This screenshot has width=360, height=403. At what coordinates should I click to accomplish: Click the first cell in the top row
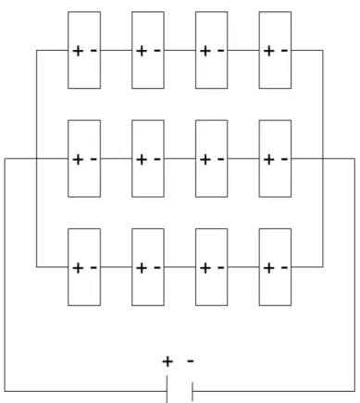(x=84, y=50)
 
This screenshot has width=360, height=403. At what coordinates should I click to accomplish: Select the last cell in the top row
(x=275, y=50)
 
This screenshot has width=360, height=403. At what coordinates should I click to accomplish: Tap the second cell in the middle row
(x=148, y=159)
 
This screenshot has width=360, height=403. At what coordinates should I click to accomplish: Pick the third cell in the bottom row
(x=212, y=267)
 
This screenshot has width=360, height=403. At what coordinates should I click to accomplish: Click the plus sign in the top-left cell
(x=78, y=51)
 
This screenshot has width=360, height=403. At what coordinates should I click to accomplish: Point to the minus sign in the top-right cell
(x=284, y=50)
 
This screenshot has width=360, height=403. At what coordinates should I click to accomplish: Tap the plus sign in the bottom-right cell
(x=269, y=268)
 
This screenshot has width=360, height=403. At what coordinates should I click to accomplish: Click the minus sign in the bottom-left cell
(x=93, y=267)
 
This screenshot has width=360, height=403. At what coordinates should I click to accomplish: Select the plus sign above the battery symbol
(x=168, y=361)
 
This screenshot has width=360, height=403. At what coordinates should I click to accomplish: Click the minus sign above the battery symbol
(x=191, y=360)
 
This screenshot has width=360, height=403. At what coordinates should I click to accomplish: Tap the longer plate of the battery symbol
(x=168, y=389)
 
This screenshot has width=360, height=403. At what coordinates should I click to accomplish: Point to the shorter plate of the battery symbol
(x=192, y=391)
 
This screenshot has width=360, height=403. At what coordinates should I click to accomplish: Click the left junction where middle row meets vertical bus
(x=37, y=159)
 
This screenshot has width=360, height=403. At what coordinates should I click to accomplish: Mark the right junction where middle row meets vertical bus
(x=323, y=159)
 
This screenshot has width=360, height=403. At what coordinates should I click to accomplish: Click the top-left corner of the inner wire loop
(x=37, y=50)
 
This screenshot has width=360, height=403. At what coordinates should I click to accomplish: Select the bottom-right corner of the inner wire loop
(x=323, y=267)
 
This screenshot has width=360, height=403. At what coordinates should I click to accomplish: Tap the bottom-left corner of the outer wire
(x=5, y=391)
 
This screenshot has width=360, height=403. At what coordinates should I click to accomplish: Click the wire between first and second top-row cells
(x=117, y=50)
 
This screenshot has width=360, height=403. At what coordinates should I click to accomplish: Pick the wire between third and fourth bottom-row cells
(x=243, y=267)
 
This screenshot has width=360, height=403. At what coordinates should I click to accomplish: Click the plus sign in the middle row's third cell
(x=205, y=160)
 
